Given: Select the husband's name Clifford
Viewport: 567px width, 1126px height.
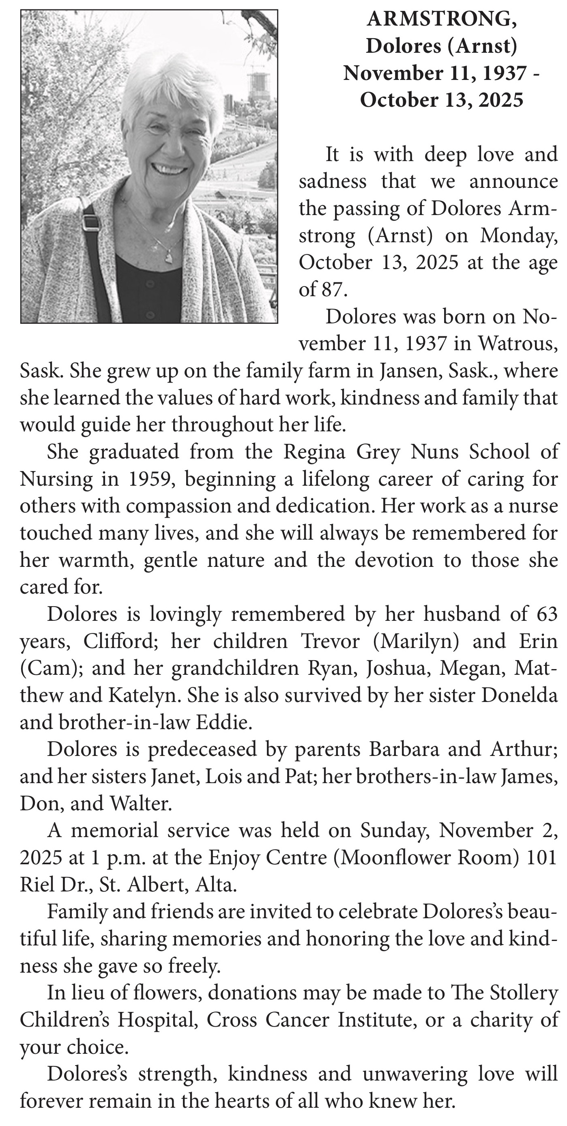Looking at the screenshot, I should pyautogui.click(x=118, y=642).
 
